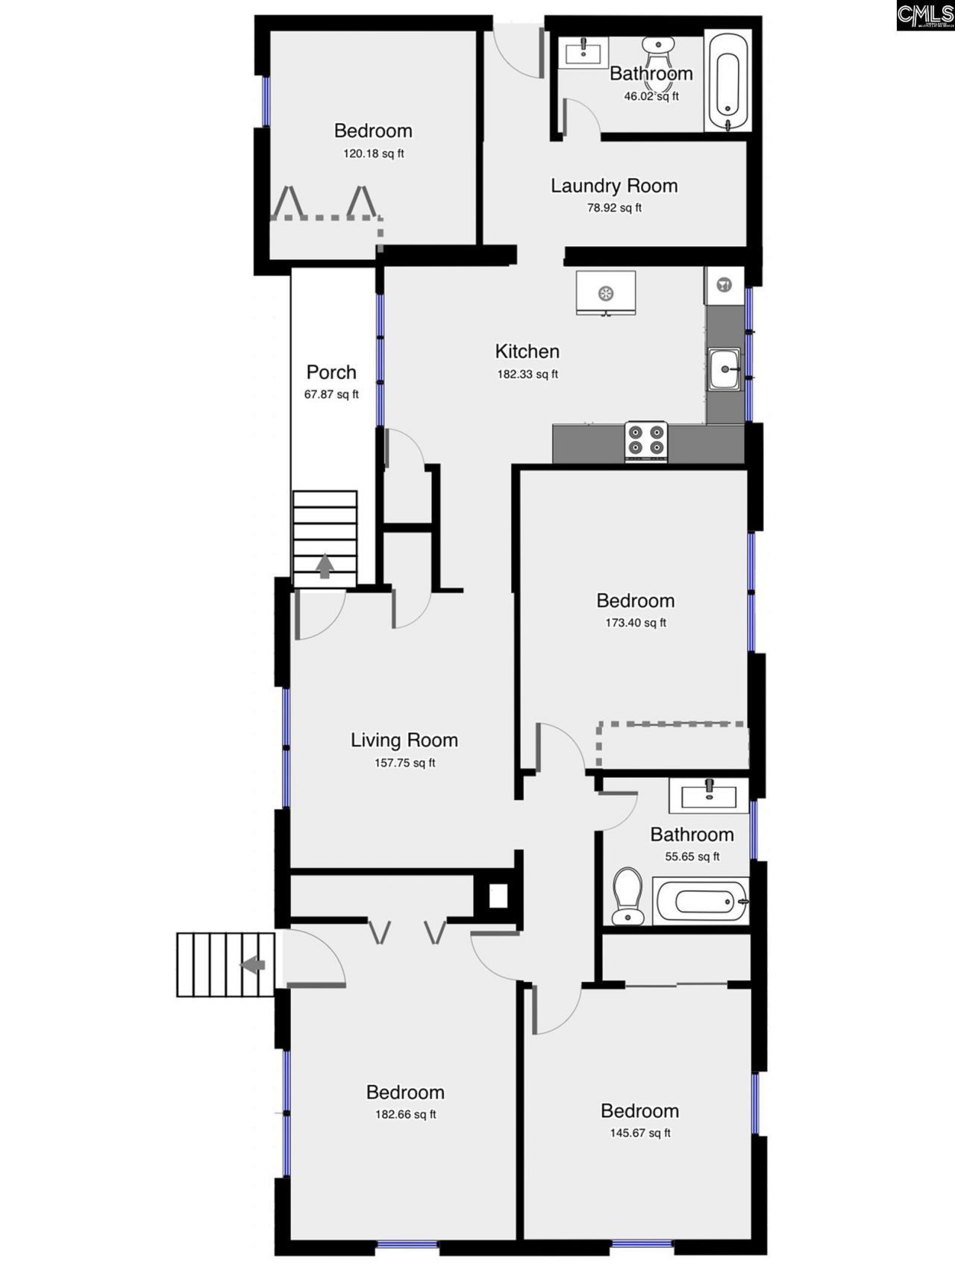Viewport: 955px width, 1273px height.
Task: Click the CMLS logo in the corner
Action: coord(925,15)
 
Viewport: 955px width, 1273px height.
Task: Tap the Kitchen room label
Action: coord(527,351)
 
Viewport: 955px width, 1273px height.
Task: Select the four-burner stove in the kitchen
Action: coord(646,440)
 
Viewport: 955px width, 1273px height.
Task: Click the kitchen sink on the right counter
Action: coord(724,368)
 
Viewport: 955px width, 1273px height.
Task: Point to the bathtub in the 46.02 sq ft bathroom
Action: coord(727,82)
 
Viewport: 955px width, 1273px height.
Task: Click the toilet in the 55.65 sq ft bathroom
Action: coord(627,895)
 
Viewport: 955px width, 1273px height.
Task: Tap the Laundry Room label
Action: coord(614,186)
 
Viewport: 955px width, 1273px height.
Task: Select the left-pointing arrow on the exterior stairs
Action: coord(253,964)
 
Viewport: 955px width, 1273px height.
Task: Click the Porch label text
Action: coord(331,372)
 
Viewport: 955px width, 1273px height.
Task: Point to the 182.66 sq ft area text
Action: coord(405,1114)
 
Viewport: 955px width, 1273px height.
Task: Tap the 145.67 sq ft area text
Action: coord(639,1133)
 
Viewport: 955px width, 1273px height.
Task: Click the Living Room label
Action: coord(404,740)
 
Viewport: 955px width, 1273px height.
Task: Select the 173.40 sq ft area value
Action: coord(636,623)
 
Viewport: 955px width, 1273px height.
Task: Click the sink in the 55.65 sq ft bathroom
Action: coord(708,795)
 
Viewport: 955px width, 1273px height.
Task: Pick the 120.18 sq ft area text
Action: coord(373,154)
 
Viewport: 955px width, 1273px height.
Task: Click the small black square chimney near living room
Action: coord(498,896)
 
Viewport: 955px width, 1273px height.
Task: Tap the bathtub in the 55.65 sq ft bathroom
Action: coord(700,902)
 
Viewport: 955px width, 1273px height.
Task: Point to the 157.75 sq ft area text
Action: coord(404,762)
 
